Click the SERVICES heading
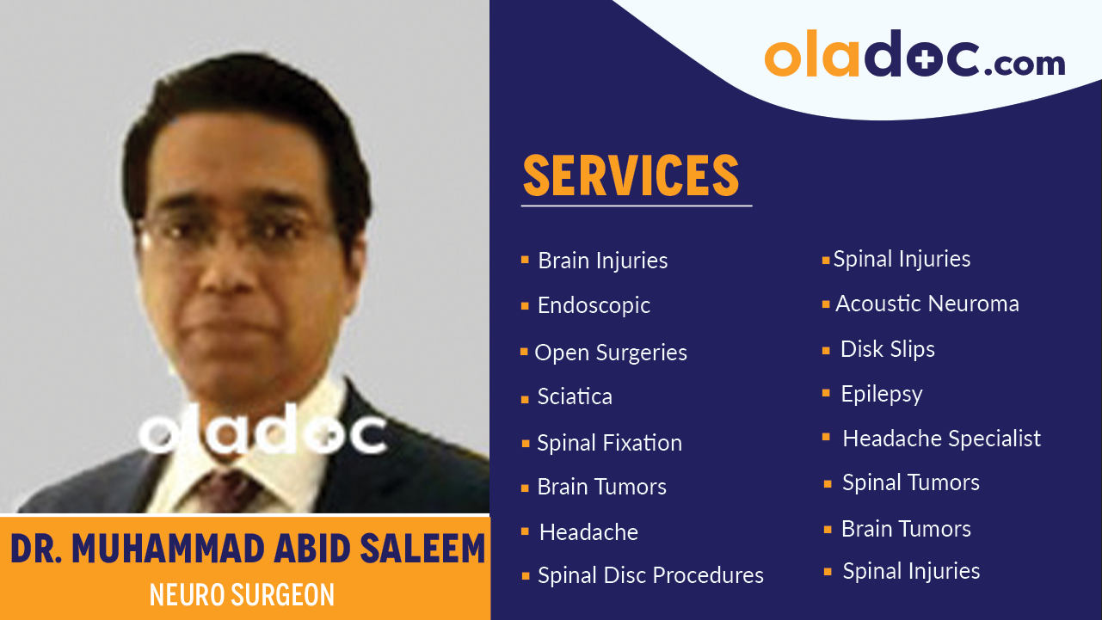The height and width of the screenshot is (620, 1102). (x=631, y=175)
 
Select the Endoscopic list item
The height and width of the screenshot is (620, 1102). (x=594, y=305)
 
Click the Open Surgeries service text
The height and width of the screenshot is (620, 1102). (x=610, y=353)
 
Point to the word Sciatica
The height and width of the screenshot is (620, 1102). (x=575, y=396)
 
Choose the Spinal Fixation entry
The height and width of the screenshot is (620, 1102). (x=609, y=443)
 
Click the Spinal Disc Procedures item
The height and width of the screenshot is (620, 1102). (x=650, y=575)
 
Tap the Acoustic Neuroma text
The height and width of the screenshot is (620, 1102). (x=927, y=304)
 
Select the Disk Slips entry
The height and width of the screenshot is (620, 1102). (x=887, y=349)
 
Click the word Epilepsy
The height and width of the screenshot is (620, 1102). (x=881, y=394)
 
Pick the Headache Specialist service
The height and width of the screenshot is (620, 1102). (x=941, y=439)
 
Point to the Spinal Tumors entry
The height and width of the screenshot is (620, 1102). (x=910, y=482)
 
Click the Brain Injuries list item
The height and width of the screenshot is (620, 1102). (x=602, y=261)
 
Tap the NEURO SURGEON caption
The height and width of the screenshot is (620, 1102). (x=242, y=595)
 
